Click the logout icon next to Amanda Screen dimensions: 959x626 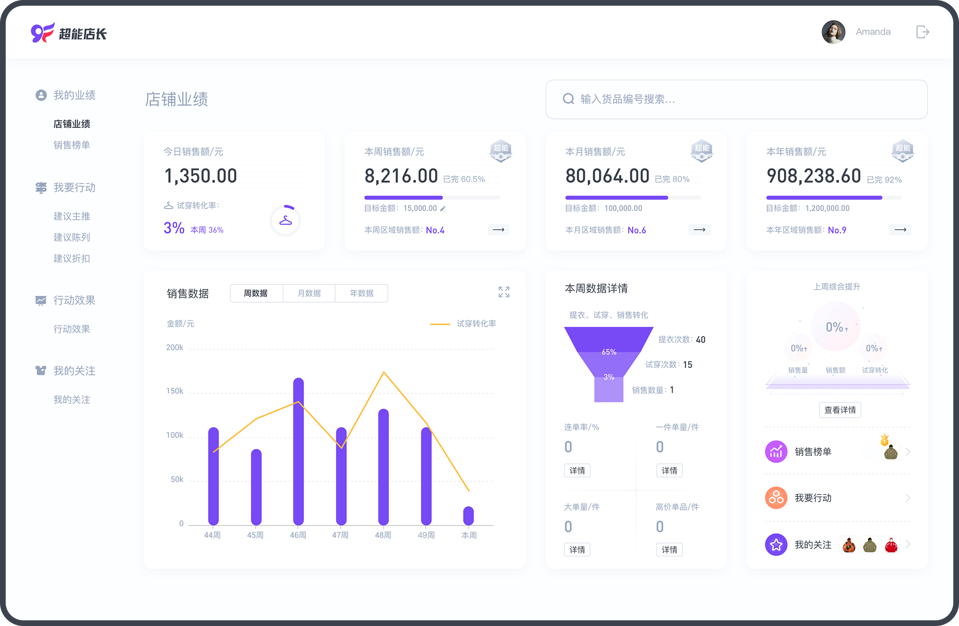[923, 32]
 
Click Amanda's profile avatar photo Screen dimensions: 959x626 [833, 32]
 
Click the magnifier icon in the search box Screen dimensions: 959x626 [568, 99]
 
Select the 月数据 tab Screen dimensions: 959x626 [309, 293]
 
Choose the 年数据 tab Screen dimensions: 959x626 [362, 293]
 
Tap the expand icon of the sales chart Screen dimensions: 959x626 [504, 292]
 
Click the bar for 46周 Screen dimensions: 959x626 [298, 451]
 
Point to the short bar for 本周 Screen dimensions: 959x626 [468, 516]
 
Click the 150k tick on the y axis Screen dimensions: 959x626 [175, 391]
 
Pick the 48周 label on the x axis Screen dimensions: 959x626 [383, 535]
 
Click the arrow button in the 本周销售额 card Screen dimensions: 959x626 [499, 230]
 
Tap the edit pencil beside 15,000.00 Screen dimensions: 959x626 [443, 209]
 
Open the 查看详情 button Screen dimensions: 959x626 [840, 410]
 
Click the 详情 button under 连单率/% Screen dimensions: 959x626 [577, 471]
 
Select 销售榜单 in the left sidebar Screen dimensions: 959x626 [72, 145]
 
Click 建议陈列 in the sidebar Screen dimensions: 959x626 [72, 237]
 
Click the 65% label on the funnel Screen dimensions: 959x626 [609, 352]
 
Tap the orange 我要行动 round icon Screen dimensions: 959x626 [776, 498]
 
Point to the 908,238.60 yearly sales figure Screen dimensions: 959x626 [814, 176]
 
